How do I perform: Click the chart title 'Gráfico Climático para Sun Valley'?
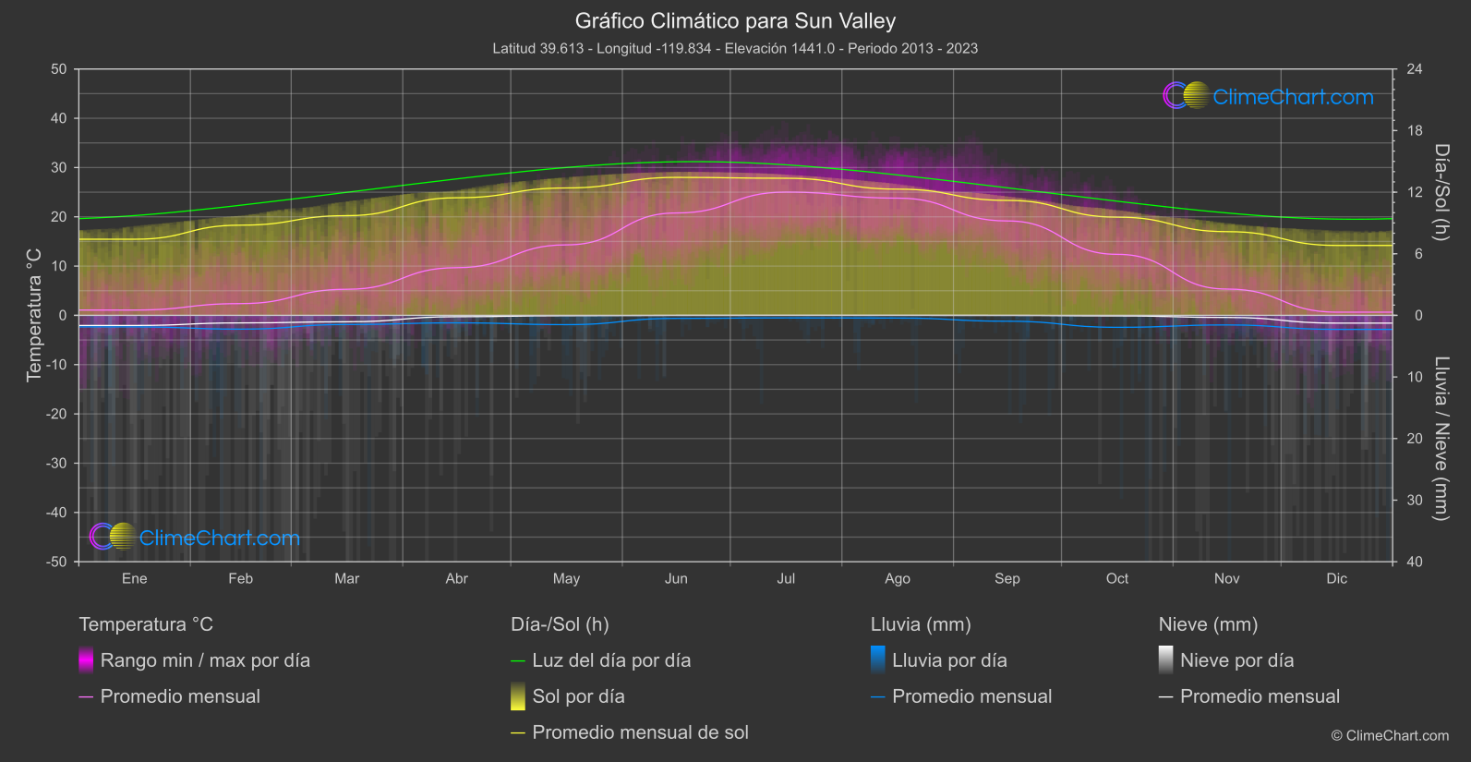[735, 20]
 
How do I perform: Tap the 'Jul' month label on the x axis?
[786, 578]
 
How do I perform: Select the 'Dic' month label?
[1336, 578]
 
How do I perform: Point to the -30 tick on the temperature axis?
[56, 463]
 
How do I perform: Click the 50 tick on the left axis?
[59, 69]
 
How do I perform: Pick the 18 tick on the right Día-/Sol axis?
[1415, 130]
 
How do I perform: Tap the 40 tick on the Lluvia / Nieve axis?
[1415, 562]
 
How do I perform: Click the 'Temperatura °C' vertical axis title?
[34, 314]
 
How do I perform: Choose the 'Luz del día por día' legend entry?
[611, 660]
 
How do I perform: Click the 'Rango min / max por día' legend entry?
[205, 660]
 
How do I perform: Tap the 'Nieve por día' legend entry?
[1236, 660]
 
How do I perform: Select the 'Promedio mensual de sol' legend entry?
[640, 732]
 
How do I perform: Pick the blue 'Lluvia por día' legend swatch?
[878, 659]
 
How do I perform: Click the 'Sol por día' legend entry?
[578, 696]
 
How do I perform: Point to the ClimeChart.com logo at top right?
[1269, 96]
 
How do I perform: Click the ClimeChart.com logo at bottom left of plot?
[195, 537]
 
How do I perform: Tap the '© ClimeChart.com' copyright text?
[1390, 735]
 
